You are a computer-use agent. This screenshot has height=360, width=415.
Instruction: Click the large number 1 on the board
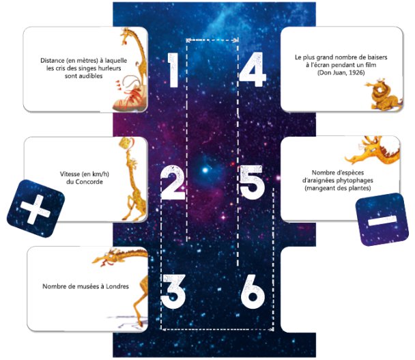tap(173, 70)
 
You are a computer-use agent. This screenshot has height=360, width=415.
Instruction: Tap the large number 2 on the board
tap(173, 183)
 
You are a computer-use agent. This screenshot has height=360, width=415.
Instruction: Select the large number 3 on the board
tap(173, 292)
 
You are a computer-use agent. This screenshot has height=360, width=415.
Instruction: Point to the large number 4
tap(252, 70)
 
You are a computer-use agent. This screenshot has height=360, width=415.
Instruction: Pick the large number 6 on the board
tap(253, 292)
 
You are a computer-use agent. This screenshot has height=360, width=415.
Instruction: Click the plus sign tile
tap(35, 209)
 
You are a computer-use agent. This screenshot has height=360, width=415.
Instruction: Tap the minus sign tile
tap(382, 219)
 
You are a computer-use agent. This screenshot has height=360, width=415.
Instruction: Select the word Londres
tap(117, 286)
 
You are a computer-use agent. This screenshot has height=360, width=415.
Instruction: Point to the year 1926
tap(356, 72)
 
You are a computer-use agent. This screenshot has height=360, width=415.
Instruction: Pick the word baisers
tap(377, 57)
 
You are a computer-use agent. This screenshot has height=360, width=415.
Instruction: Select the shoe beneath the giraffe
tap(130, 98)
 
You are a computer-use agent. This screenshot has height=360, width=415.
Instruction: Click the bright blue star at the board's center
tap(205, 170)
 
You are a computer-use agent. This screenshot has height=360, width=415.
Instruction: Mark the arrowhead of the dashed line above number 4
tap(235, 40)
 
